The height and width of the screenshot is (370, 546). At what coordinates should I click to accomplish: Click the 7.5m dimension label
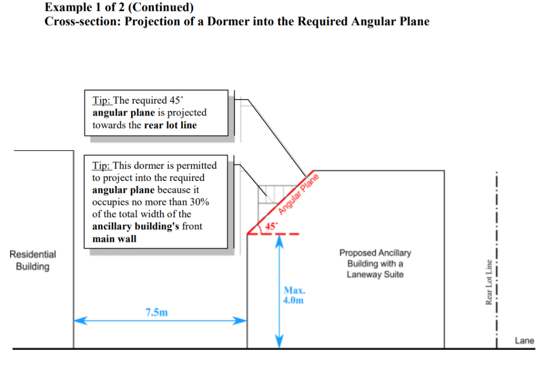pyautogui.click(x=156, y=313)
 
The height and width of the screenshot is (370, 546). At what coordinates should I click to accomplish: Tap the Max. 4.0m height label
pyautogui.click(x=294, y=295)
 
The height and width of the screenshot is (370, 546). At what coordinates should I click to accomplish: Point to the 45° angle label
pyautogui.click(x=271, y=226)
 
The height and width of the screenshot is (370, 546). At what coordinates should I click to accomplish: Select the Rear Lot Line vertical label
pyautogui.click(x=488, y=282)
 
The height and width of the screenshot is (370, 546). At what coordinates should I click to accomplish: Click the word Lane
pyautogui.click(x=524, y=341)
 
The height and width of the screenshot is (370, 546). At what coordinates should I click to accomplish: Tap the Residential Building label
pyautogui.click(x=33, y=260)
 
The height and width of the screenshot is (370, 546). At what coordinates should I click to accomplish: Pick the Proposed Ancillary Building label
pyautogui.click(x=375, y=264)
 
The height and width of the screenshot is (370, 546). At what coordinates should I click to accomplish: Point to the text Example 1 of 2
pyautogui.click(x=80, y=8)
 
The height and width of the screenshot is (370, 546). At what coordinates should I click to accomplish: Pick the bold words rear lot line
pyautogui.click(x=170, y=125)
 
